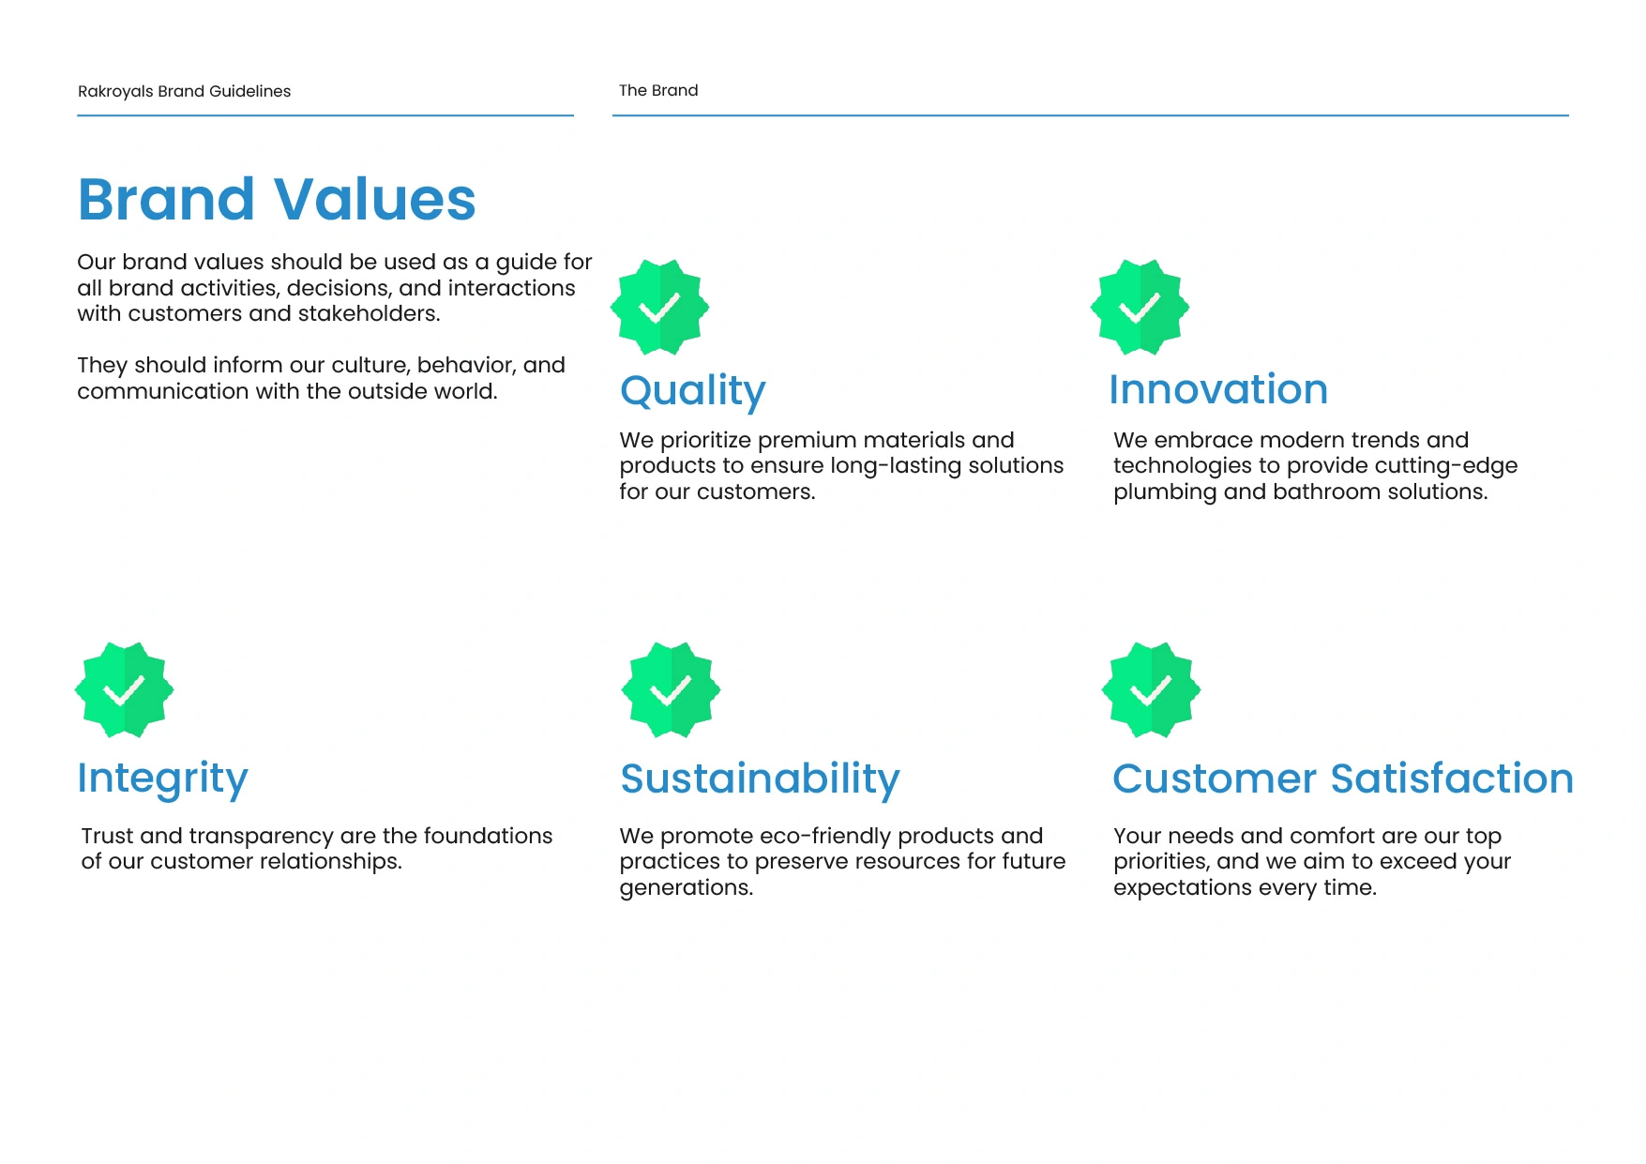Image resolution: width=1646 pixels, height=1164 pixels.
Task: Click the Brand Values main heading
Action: click(277, 199)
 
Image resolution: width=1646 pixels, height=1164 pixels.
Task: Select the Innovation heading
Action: click(1218, 389)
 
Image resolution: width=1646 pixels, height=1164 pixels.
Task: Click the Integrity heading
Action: click(162, 779)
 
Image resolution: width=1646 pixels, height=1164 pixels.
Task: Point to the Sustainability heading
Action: click(760, 779)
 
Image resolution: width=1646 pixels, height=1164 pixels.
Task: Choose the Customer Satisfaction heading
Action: click(1343, 779)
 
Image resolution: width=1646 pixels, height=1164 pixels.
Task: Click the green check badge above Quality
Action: click(659, 308)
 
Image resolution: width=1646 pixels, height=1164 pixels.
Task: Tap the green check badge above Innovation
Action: click(1140, 308)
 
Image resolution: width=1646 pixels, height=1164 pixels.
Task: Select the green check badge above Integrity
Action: click(124, 690)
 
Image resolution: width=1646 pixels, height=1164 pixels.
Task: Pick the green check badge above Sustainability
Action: click(671, 690)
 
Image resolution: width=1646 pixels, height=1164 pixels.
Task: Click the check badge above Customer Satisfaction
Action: click(1151, 690)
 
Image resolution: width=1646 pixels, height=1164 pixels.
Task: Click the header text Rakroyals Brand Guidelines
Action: click(184, 91)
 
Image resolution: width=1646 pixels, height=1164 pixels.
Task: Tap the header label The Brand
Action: click(658, 90)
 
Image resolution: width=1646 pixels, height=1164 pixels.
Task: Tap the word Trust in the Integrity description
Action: click(107, 836)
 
